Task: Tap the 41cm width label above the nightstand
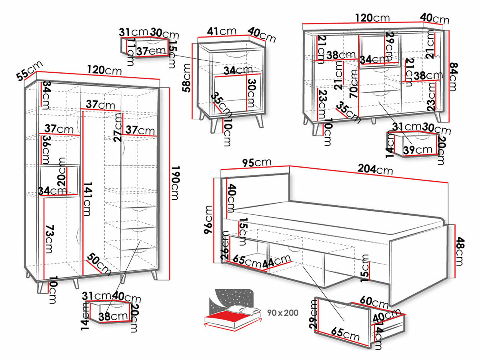click(x=222, y=31)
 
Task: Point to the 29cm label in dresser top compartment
click(x=389, y=45)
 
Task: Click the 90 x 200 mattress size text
click(x=283, y=312)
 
